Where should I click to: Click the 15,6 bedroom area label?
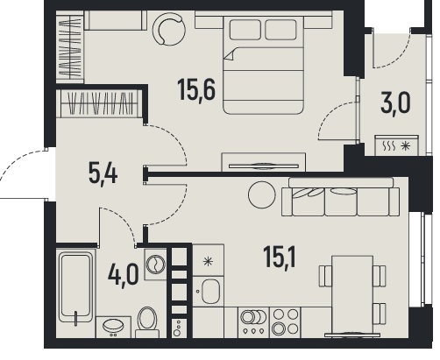point(196,90)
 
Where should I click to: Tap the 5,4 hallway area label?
point(103,174)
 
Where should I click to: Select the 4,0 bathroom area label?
point(123,275)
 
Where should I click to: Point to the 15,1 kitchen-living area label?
point(280,257)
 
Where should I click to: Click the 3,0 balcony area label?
point(395,103)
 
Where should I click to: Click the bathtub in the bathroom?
point(76,287)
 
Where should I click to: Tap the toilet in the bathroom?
point(147,322)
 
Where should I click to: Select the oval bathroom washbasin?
point(113,325)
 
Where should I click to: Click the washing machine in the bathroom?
point(155,265)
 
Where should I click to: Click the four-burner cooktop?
point(285,322)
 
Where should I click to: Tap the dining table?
point(352,294)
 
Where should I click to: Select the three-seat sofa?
point(340,197)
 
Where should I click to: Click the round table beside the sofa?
point(262,194)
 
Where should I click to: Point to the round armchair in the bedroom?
point(169,29)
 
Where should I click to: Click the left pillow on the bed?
point(245,30)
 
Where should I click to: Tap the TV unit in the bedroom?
point(264,162)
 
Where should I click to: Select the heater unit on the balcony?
point(397,145)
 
